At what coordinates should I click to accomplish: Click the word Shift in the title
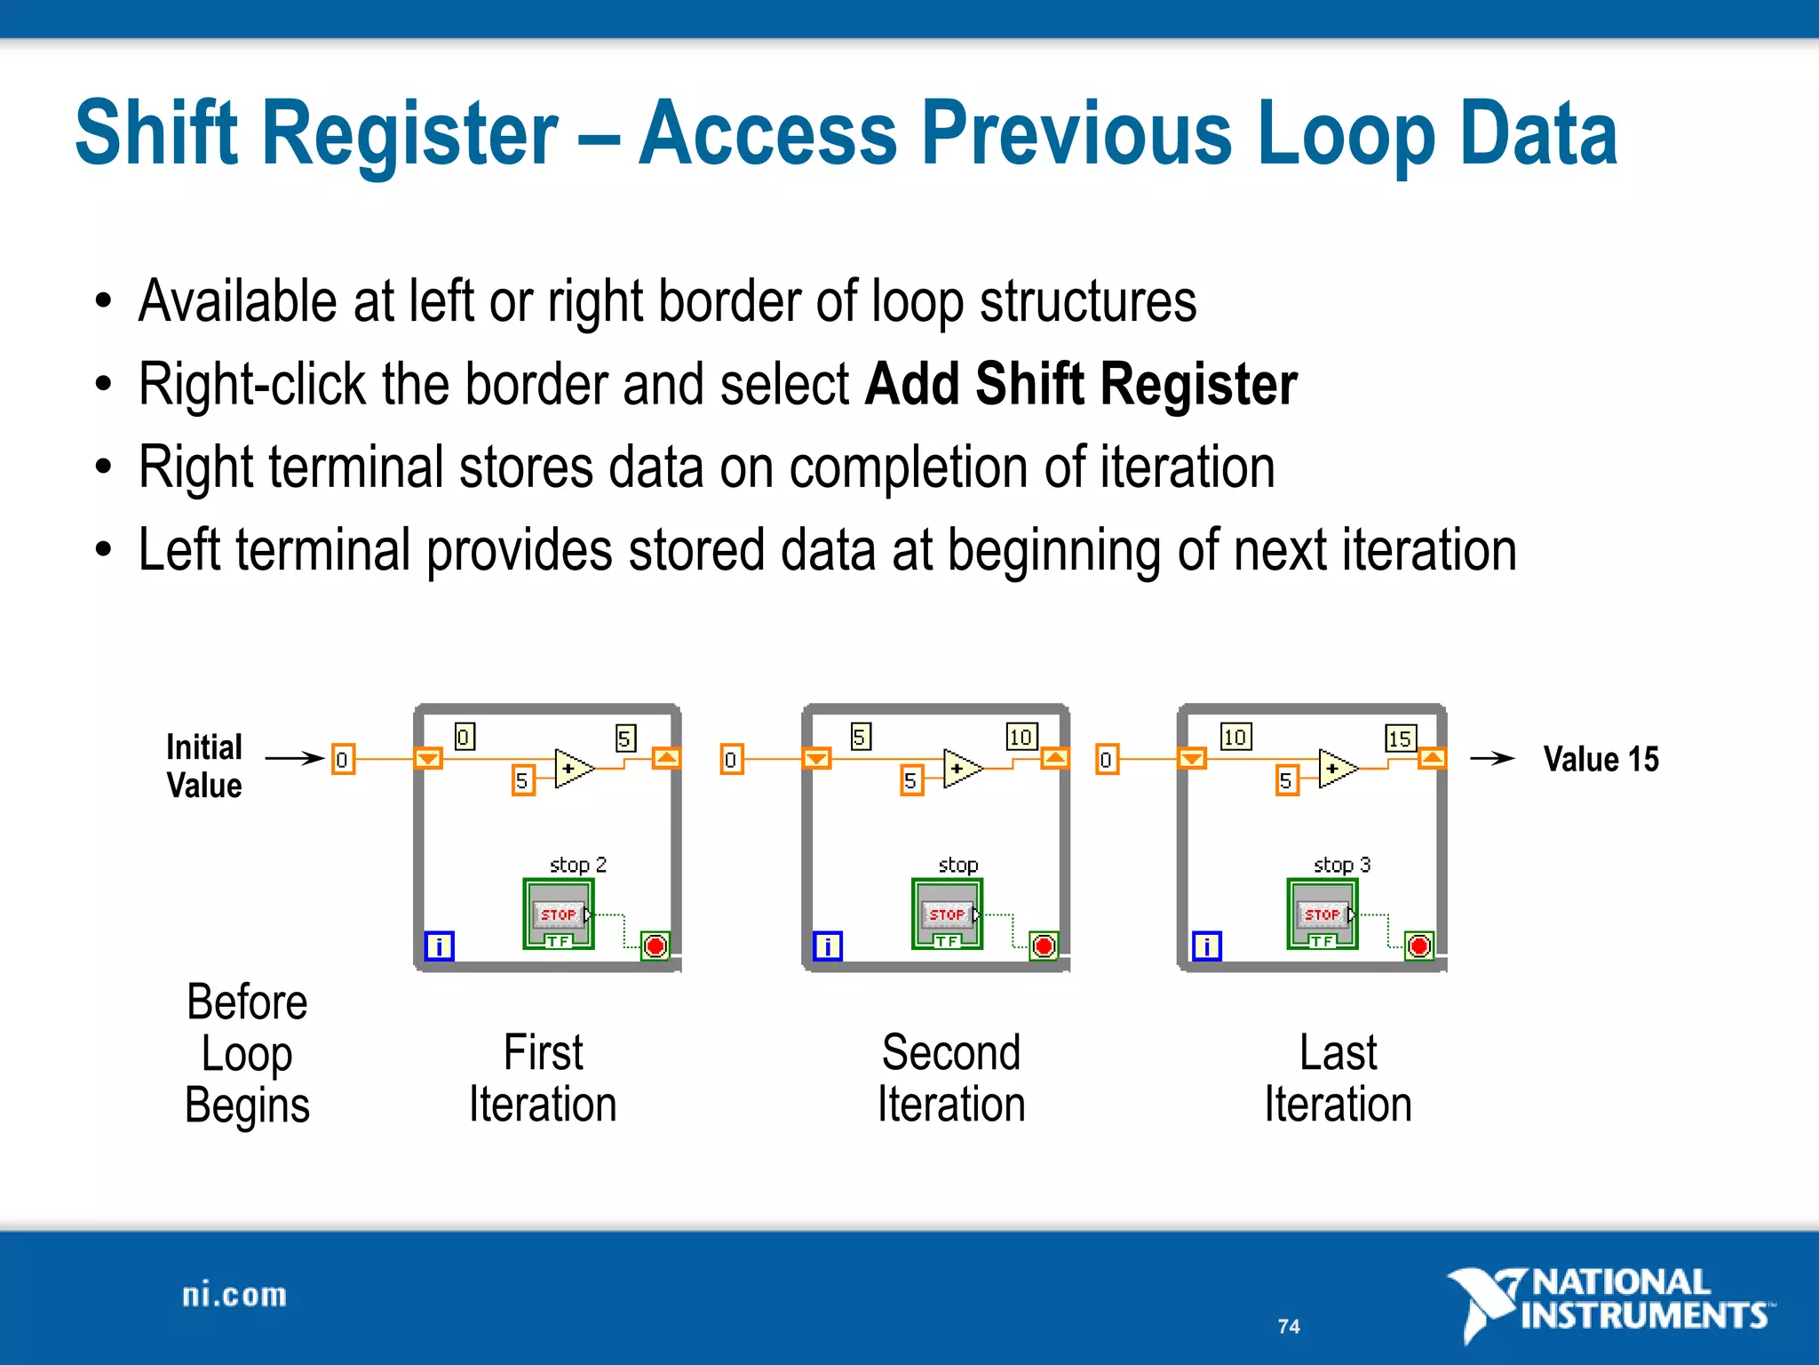click(157, 133)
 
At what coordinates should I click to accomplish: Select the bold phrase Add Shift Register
click(1080, 384)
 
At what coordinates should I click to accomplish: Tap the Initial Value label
click(203, 766)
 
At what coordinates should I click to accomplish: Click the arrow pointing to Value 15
click(1491, 758)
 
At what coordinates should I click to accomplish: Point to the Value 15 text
click(1601, 759)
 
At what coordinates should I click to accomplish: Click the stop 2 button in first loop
click(559, 914)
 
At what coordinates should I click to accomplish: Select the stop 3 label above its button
click(1341, 865)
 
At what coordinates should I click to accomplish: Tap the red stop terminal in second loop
click(1044, 946)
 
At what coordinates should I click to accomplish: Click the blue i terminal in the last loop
click(1206, 946)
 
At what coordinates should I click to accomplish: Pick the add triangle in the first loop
click(573, 768)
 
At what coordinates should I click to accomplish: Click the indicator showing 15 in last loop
click(1400, 738)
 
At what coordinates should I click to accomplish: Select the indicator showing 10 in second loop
click(1021, 737)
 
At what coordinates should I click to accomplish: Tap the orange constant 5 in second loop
click(910, 780)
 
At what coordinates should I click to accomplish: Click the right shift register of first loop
click(666, 758)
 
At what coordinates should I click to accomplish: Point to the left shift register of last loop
click(1192, 758)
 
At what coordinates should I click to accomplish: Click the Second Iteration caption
click(951, 1078)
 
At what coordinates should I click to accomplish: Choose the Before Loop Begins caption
click(247, 1054)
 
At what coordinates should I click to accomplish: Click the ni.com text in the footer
click(234, 1295)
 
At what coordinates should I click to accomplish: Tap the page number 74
click(1289, 1326)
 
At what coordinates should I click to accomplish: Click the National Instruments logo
click(1609, 1301)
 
